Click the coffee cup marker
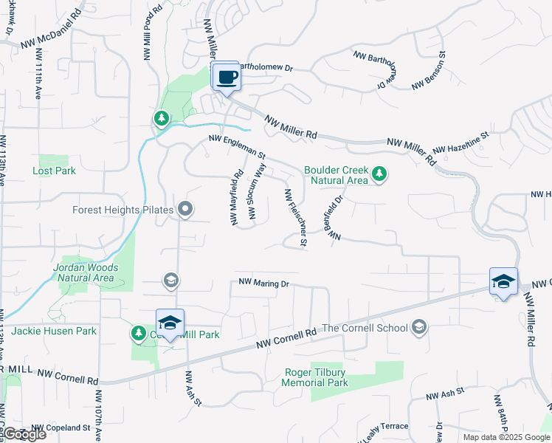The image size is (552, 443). (x=227, y=77)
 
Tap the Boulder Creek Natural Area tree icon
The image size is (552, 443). (x=379, y=174)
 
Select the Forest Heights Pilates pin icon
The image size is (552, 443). (x=185, y=210)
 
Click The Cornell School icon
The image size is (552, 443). (x=419, y=327)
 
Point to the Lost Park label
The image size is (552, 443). (x=54, y=171)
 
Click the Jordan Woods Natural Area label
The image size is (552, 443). (x=83, y=272)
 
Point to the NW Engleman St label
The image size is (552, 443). (x=237, y=147)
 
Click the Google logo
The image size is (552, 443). (x=24, y=434)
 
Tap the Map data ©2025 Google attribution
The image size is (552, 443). (x=506, y=437)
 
